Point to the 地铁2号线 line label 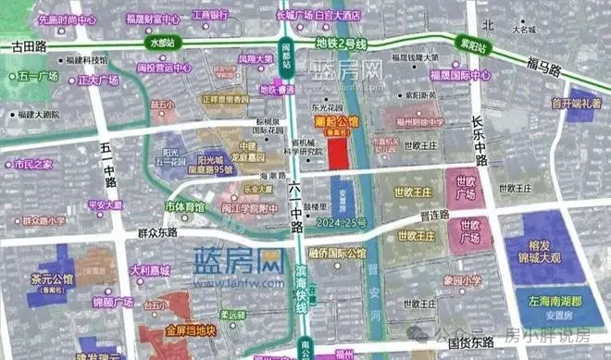[x=342, y=43]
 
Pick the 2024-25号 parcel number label [x=342, y=223]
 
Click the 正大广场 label [x=96, y=80]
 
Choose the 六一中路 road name [x=295, y=210]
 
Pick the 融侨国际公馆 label [x=338, y=252]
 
